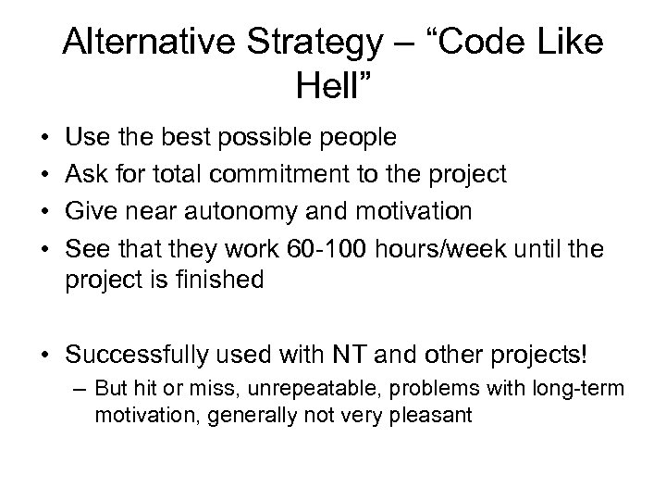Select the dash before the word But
coord(78,390)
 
